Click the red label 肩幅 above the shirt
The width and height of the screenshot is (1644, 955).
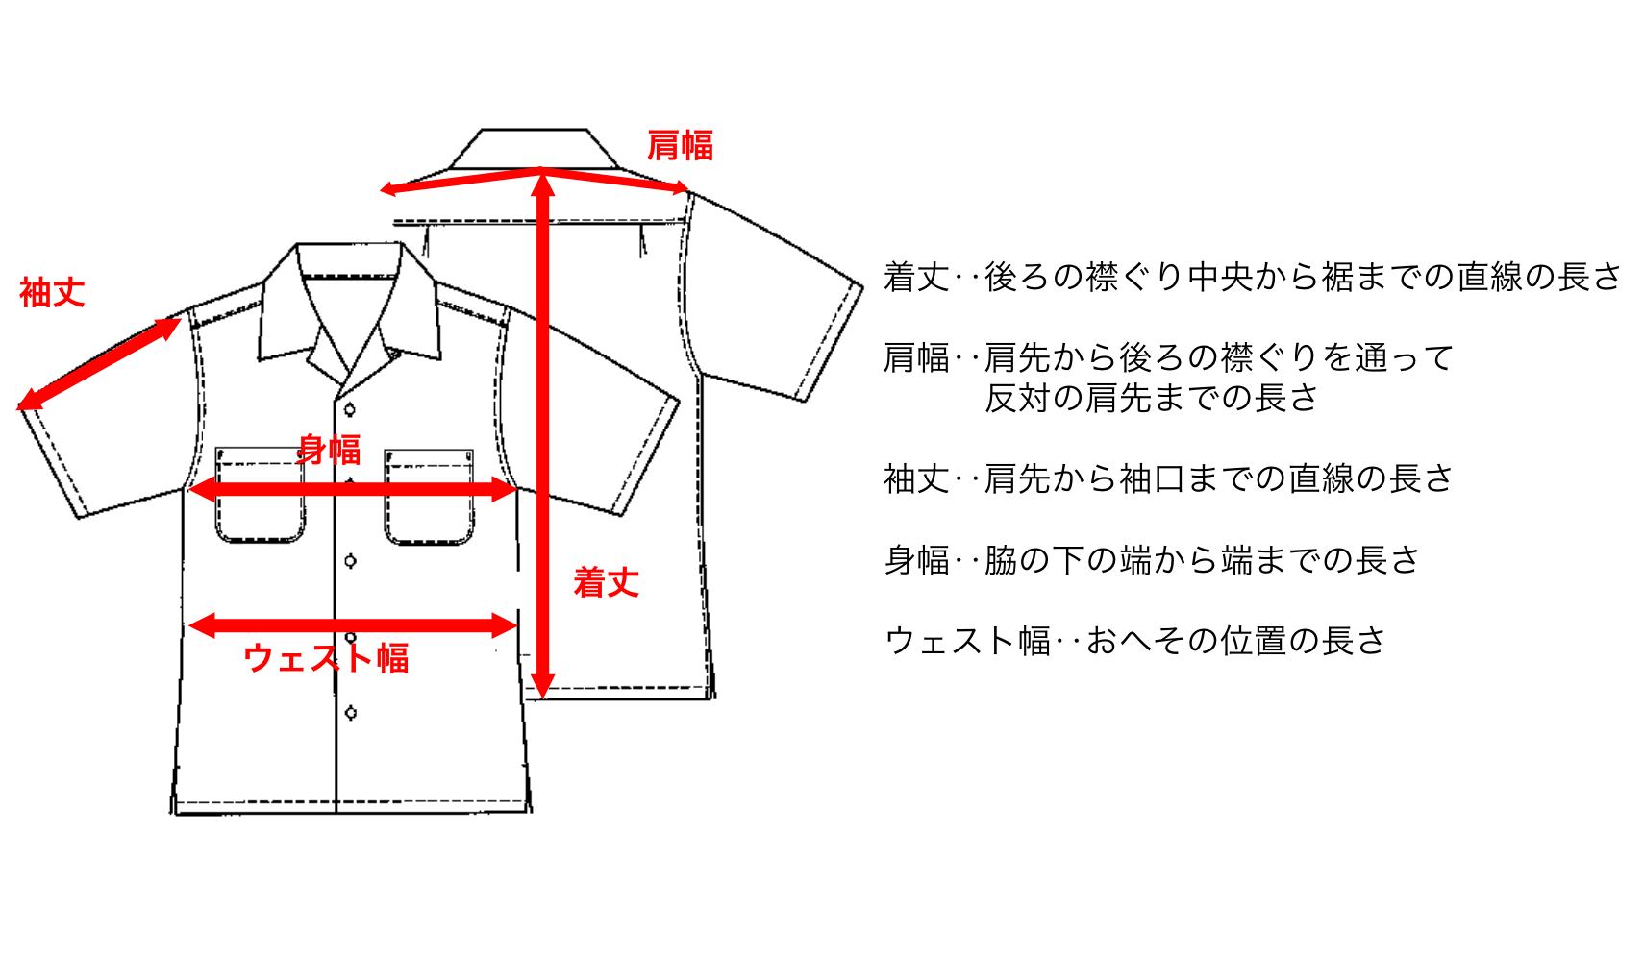tap(679, 146)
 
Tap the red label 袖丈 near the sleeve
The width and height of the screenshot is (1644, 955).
tap(52, 292)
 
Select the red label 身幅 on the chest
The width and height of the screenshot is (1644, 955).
tap(328, 449)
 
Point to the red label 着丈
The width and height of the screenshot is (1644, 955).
tap(606, 582)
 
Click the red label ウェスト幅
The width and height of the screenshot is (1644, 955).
tap(327, 658)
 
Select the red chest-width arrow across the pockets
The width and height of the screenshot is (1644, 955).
tap(354, 490)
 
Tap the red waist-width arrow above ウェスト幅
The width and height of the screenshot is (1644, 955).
tap(354, 626)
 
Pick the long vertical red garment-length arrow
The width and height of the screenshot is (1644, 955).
tap(543, 432)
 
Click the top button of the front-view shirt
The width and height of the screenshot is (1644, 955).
tap(350, 410)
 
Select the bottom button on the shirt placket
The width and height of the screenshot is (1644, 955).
tap(350, 712)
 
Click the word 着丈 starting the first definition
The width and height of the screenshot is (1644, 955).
tap(916, 278)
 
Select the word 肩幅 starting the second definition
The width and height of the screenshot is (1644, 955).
tap(916, 358)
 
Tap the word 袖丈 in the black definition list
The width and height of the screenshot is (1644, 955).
tap(916, 478)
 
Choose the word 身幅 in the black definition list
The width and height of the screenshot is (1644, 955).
tap(916, 559)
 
